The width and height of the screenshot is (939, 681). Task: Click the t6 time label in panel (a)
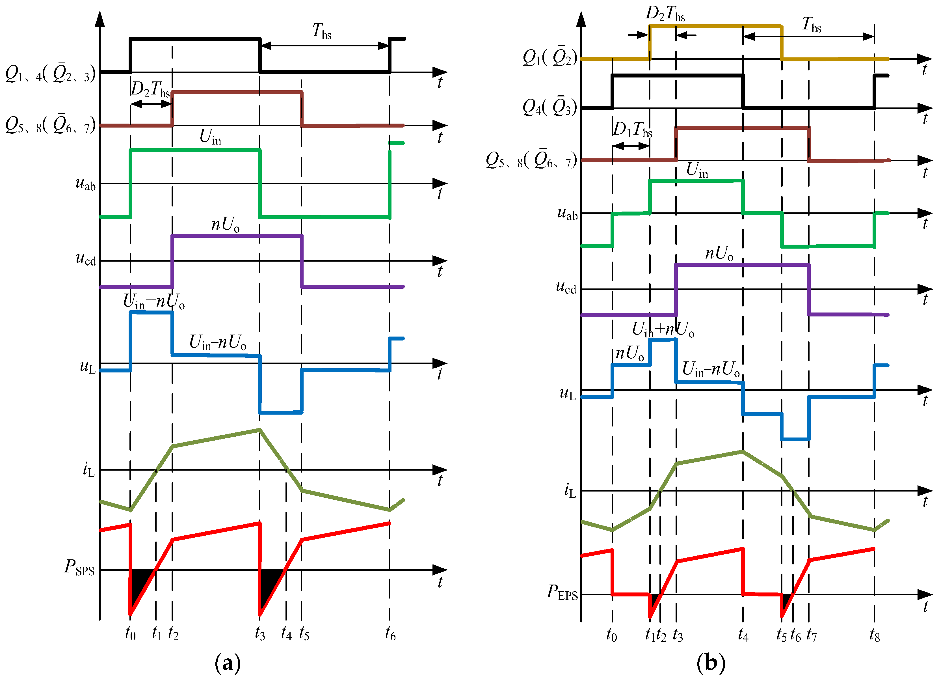[x=390, y=634]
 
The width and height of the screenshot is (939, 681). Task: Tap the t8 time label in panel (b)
[x=875, y=635]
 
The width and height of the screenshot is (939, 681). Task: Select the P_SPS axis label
[x=79, y=568]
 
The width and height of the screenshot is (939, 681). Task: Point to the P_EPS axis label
[x=562, y=592]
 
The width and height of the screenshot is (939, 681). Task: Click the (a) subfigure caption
[x=227, y=663]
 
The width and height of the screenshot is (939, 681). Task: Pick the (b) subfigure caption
[x=710, y=663]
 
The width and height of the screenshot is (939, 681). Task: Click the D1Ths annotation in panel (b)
[x=632, y=130]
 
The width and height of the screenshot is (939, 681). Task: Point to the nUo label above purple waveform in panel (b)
[x=719, y=253]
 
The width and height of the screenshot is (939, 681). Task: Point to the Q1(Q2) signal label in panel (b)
[x=549, y=58]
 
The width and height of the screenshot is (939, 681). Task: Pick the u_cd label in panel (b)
[x=566, y=287]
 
